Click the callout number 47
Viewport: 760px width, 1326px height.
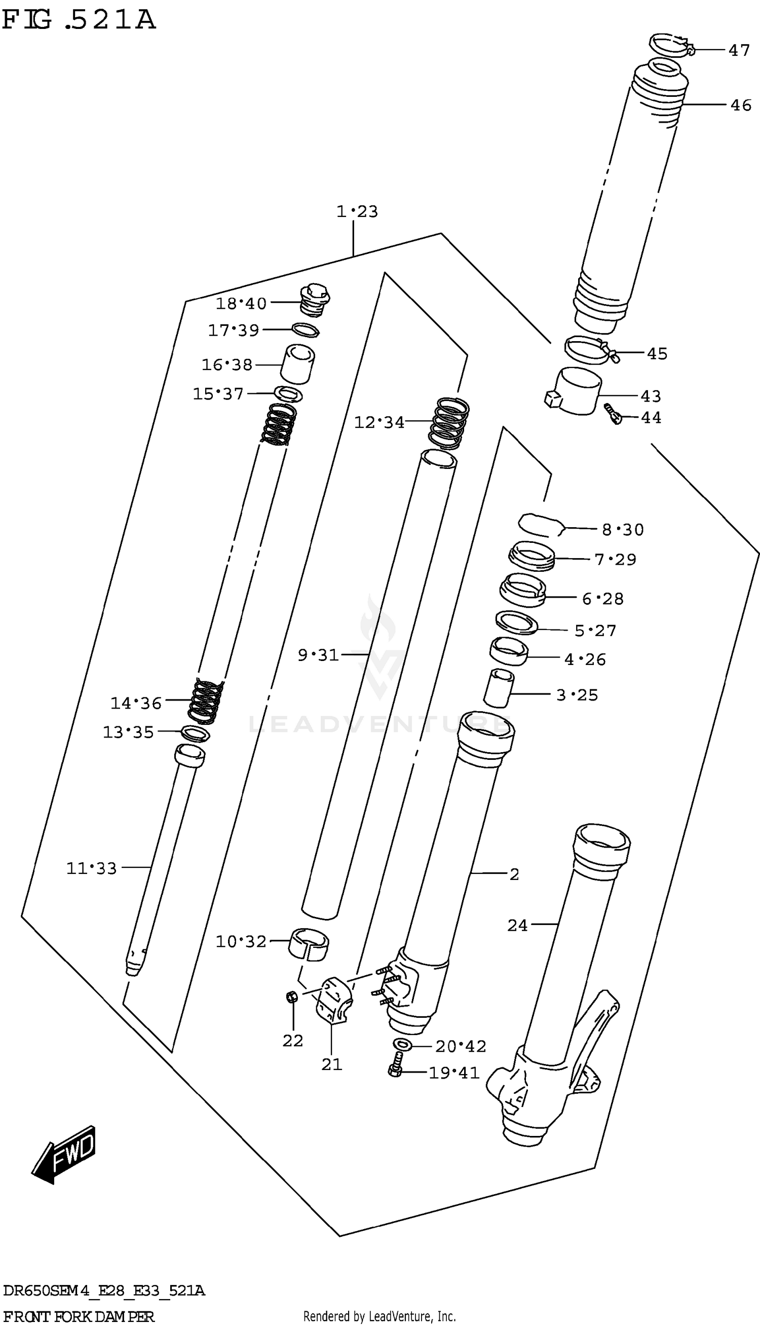coord(739,50)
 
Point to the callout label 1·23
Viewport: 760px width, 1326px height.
coord(357,211)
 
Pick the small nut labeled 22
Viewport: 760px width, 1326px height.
coord(292,997)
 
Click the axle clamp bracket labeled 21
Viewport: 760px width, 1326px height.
coord(332,1001)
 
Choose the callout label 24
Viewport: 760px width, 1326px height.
coord(517,926)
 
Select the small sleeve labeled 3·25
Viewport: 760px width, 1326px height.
coord(499,688)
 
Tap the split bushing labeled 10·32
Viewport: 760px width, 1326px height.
coord(309,943)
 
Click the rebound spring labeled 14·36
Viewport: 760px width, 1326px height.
coord(205,701)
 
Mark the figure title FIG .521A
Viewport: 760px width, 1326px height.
coord(79,21)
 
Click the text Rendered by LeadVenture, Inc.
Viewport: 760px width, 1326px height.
coord(379,1316)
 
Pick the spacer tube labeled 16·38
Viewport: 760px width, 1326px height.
coord(297,363)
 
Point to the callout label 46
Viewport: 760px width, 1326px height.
coord(741,105)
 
